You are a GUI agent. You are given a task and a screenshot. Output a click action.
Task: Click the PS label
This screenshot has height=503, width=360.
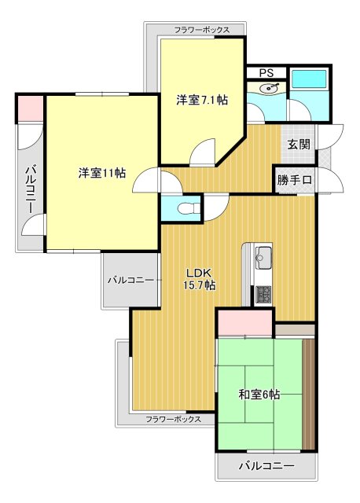point(266,73)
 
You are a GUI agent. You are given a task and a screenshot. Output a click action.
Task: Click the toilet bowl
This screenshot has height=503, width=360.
point(186,208)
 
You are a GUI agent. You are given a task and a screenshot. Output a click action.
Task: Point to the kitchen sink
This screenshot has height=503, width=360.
point(263,258)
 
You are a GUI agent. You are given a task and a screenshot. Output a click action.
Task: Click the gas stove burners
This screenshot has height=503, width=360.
point(263,294)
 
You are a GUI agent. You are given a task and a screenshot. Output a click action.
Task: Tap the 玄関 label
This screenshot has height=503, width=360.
point(299,145)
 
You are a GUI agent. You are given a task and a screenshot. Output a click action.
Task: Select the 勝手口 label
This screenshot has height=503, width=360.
point(295,180)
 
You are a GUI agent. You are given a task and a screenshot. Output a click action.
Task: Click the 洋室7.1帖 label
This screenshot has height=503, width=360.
point(202,100)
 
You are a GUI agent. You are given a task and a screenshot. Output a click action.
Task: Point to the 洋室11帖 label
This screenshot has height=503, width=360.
point(102,173)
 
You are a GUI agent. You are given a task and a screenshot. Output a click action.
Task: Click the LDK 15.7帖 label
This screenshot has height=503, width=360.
point(199,279)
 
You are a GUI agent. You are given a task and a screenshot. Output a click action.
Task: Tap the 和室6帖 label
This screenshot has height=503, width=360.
point(259,395)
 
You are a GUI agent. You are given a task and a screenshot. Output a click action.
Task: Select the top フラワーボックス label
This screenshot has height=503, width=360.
point(202,30)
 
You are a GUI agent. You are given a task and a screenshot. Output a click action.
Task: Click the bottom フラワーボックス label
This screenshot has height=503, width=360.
point(173,419)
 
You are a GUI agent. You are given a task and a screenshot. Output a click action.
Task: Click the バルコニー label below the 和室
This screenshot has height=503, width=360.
point(266,465)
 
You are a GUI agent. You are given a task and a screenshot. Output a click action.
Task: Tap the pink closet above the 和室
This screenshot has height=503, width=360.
point(244,323)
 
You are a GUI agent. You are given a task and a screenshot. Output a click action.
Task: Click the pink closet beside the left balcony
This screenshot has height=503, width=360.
point(30,108)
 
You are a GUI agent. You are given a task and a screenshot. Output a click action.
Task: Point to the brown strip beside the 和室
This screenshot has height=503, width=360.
point(308,395)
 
